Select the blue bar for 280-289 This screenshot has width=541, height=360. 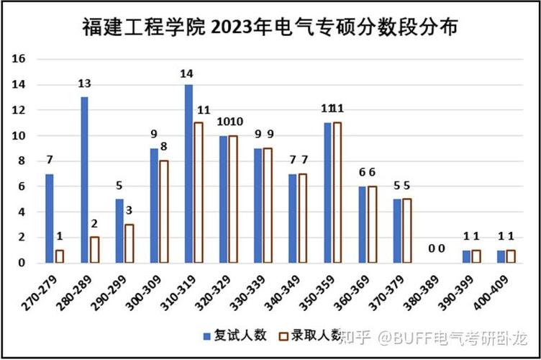(x=84, y=180)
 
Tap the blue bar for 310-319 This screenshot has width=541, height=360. (x=188, y=174)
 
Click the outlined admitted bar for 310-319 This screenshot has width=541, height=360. (x=199, y=192)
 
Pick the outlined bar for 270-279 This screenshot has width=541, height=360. (x=60, y=256)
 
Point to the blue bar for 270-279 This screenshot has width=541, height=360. (x=50, y=218)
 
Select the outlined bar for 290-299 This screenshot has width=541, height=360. (x=129, y=243)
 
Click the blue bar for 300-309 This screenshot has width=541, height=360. (x=154, y=205)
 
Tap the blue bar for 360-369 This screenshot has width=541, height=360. (x=363, y=225)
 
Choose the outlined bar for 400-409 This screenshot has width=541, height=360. (x=511, y=256)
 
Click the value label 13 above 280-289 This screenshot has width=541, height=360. (x=84, y=84)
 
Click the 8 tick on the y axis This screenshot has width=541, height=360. (x=22, y=161)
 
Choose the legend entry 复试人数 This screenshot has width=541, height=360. (x=238, y=336)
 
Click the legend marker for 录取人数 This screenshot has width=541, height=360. (x=284, y=336)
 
